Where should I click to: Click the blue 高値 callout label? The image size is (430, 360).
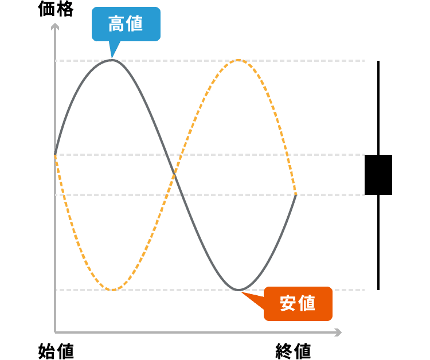(x=126, y=24)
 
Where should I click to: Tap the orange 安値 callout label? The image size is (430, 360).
(x=298, y=303)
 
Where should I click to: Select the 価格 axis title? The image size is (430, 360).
(x=56, y=9)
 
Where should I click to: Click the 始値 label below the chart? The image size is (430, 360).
(x=56, y=350)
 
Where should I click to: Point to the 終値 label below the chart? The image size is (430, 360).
(x=293, y=350)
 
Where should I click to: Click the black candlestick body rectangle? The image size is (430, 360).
(x=378, y=174)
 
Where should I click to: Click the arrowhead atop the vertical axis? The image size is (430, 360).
(x=55, y=26)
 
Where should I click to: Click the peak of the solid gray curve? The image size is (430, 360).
(x=112, y=60)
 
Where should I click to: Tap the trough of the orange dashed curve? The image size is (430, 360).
(x=113, y=289)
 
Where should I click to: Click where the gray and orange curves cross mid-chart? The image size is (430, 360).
(x=175, y=175)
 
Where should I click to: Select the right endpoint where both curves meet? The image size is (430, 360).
(x=296, y=195)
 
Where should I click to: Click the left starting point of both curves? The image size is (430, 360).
(x=56, y=155)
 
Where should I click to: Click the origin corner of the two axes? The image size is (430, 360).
(x=55, y=332)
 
